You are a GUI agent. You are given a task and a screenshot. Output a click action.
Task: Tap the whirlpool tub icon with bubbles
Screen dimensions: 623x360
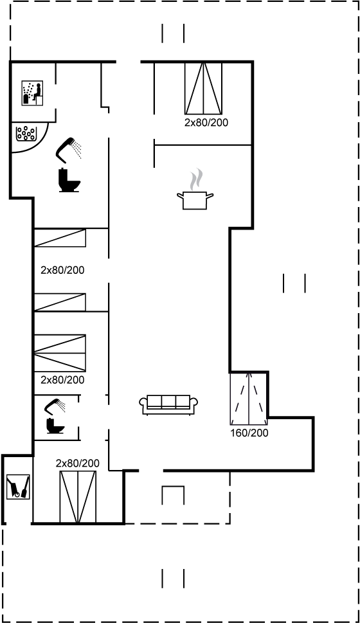click(x=26, y=134)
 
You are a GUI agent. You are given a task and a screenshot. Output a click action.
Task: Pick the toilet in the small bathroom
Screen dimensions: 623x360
click(x=53, y=426)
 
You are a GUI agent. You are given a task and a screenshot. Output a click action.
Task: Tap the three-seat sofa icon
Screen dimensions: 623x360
click(x=168, y=403)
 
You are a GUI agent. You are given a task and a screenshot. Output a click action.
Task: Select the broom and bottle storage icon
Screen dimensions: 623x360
click(x=17, y=487)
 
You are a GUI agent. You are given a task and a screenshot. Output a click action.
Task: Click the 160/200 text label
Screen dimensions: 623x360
click(x=249, y=433)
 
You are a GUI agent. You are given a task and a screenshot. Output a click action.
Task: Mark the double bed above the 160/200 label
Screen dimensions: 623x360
click(x=249, y=397)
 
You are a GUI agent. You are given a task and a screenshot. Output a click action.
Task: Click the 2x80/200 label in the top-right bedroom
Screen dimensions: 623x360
click(x=206, y=122)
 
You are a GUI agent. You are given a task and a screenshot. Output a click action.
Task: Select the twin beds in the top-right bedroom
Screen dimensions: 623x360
click(x=203, y=88)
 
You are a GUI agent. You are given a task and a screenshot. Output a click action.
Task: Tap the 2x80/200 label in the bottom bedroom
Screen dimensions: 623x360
click(x=77, y=463)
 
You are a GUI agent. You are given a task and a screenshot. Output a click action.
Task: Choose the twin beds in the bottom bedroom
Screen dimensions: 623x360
click(x=77, y=496)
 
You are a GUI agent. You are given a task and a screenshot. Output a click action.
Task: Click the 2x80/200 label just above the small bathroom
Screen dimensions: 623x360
click(x=62, y=380)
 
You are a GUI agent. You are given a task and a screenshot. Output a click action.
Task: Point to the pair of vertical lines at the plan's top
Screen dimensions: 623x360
click(x=173, y=33)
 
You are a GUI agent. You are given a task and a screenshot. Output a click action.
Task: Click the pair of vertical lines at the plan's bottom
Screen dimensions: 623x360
click(x=173, y=578)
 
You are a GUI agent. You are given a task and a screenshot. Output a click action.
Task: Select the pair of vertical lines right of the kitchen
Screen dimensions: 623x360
click(x=294, y=283)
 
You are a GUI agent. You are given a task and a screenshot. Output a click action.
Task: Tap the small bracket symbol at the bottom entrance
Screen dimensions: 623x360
click(x=173, y=495)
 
